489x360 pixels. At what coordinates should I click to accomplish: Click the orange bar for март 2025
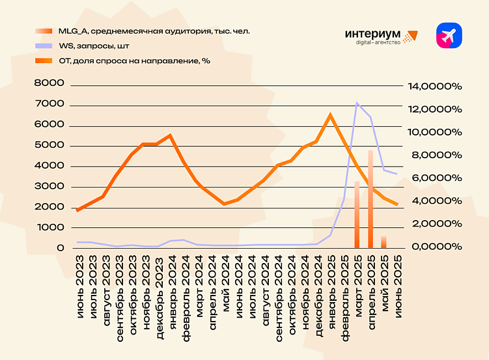pos(357,215)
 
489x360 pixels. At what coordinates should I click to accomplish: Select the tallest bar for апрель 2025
pos(370,199)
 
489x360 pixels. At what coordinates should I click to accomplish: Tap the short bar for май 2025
pos(384,242)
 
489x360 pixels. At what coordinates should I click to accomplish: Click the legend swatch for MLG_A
pos(44,31)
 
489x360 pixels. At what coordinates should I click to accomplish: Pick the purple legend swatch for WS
pos(44,46)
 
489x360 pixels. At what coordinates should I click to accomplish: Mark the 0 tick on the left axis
pos(61,248)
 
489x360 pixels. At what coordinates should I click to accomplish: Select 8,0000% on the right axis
pos(434,155)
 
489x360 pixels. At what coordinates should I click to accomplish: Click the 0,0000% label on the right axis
pos(434,247)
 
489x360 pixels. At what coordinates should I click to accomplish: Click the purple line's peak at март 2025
pos(357,102)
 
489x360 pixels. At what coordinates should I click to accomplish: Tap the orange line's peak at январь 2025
pos(330,115)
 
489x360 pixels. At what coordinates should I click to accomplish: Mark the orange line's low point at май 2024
pos(224,204)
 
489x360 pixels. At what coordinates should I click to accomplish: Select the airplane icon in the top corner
pos(449,36)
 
